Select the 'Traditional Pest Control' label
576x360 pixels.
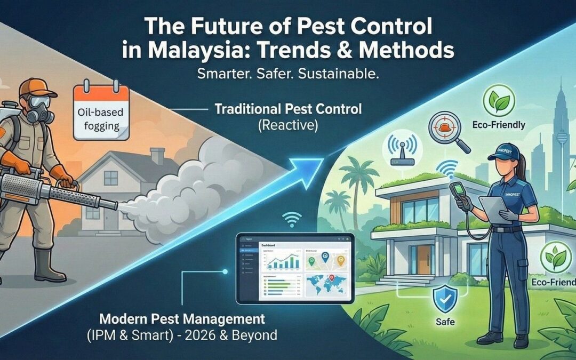tap(287, 109)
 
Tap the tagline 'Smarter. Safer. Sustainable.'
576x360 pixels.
tap(287, 74)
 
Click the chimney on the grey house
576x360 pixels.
tap(157, 156)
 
